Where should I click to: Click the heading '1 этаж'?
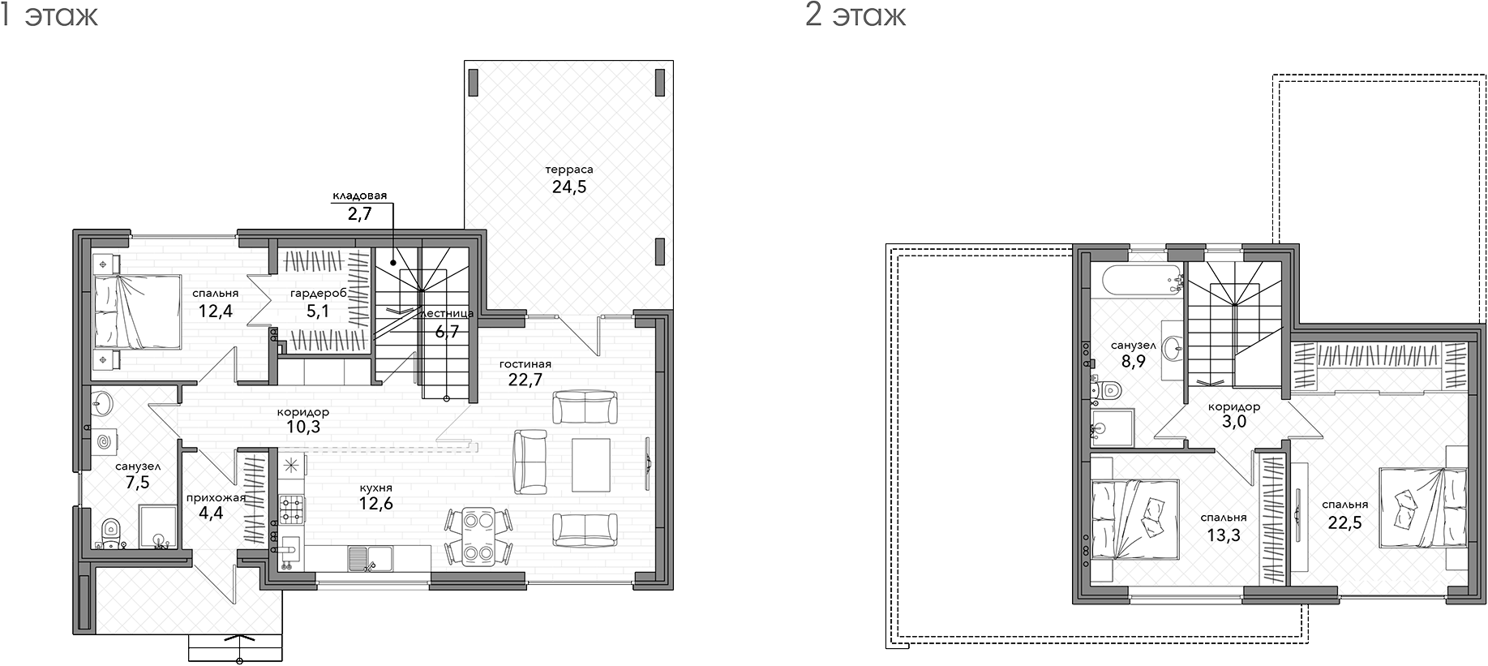click(49, 15)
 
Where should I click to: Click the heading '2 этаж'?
click(855, 15)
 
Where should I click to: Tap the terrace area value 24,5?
click(569, 187)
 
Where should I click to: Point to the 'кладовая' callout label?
click(359, 196)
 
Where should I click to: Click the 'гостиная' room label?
click(525, 364)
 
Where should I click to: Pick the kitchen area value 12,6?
click(376, 504)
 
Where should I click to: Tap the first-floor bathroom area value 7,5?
click(138, 483)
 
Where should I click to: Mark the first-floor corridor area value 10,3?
click(302, 427)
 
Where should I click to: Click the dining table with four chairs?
click(478, 535)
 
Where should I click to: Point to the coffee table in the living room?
click(590, 465)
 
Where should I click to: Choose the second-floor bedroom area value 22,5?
click(1344, 522)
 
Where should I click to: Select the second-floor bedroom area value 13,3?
click(1224, 535)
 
